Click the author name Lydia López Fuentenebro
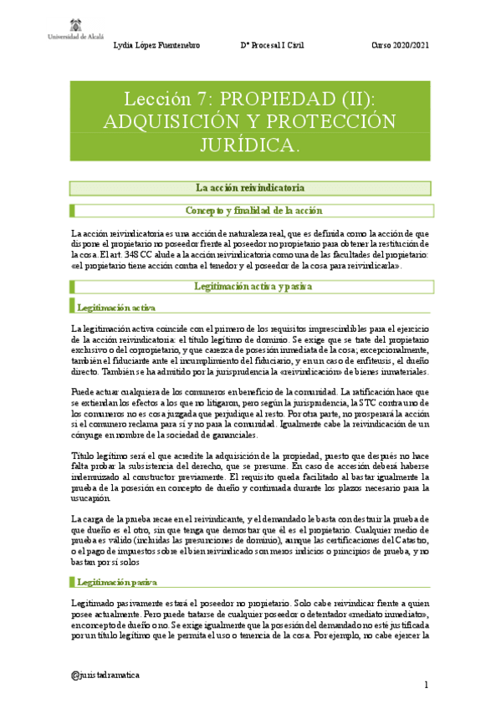pyautogui.click(x=156, y=45)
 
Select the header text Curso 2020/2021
pyautogui.click(x=400, y=45)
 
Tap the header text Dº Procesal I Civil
pyautogui.click(x=274, y=45)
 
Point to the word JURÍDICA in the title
pyautogui.click(x=249, y=145)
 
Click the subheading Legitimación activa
pyautogui.click(x=115, y=309)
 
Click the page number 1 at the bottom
pyautogui.click(x=426, y=686)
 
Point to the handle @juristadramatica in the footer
pyautogui.click(x=106, y=674)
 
